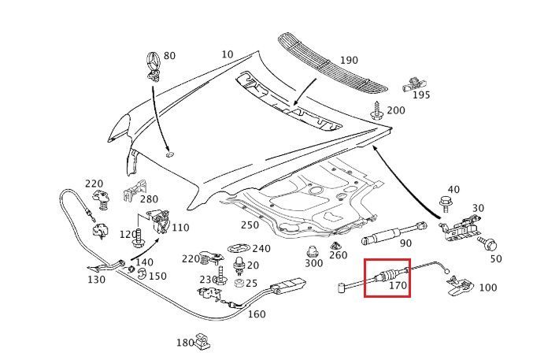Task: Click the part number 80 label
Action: tap(170, 57)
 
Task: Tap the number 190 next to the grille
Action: tap(349, 61)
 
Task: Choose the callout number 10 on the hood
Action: tap(228, 54)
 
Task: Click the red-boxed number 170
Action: tap(398, 286)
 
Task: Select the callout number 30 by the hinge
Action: tap(478, 208)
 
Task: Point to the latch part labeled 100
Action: tap(461, 285)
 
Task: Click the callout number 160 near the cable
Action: tap(257, 314)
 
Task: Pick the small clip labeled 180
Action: tap(204, 341)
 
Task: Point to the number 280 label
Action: tap(149, 200)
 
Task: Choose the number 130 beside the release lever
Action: tap(96, 280)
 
